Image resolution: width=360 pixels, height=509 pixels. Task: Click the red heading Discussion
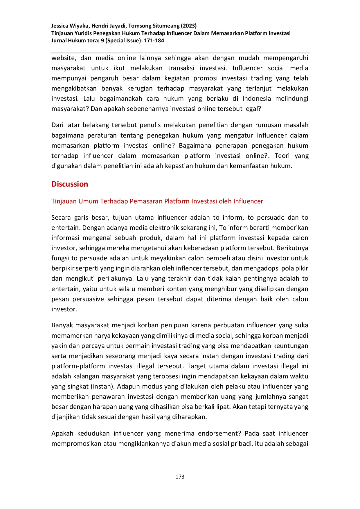(x=70, y=184)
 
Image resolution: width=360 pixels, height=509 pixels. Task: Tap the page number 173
(x=180, y=476)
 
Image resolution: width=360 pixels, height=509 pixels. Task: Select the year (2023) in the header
(x=189, y=26)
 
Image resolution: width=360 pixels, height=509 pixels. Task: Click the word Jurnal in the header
(x=59, y=41)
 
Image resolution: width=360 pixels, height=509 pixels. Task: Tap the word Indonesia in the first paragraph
(x=257, y=99)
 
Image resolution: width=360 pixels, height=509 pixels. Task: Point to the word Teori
(x=282, y=156)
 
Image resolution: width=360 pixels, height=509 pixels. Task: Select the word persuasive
(x=88, y=299)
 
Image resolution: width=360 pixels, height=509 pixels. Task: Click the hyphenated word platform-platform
(x=78, y=366)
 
